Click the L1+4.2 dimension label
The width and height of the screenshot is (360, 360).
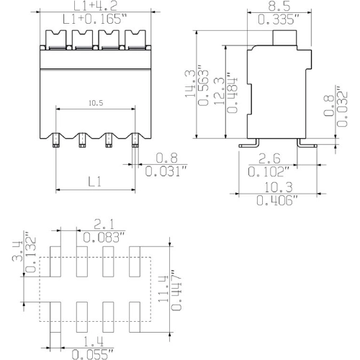coord(96,7)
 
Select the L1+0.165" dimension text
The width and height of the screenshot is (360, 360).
coord(96,20)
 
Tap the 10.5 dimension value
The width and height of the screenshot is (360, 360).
coord(96,104)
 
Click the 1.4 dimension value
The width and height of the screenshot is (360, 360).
coord(89,341)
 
